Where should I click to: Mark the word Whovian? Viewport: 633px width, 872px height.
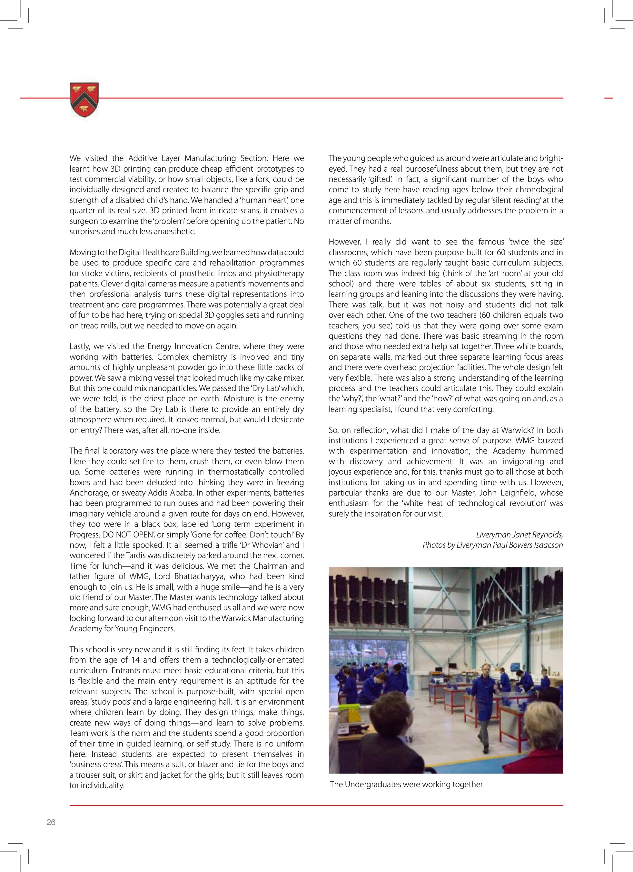click(260, 545)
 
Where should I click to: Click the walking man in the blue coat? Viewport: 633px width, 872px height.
click(485, 704)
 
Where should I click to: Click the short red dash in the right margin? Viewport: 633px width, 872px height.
click(608, 98)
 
